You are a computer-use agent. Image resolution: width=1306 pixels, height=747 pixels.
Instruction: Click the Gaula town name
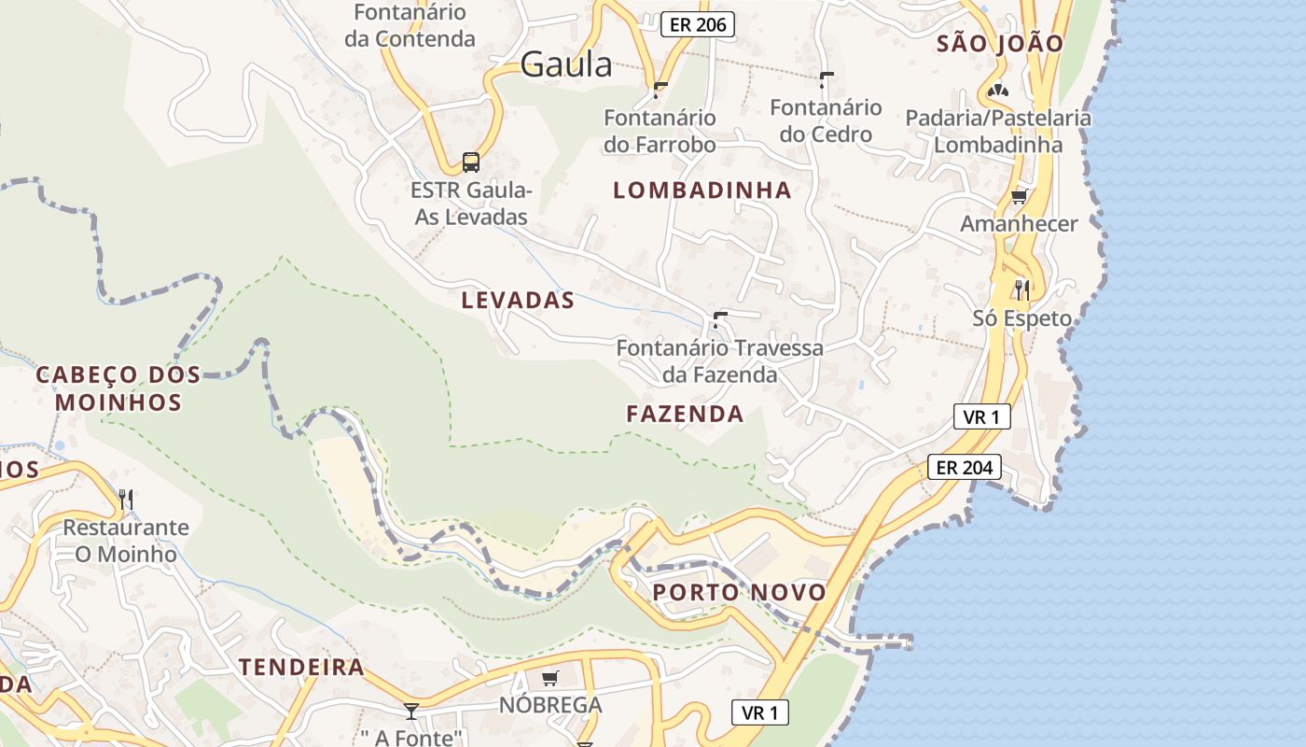[566, 64]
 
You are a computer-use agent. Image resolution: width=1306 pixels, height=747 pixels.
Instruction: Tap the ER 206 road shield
[698, 24]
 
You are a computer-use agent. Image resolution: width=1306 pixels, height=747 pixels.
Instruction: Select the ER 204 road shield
[965, 467]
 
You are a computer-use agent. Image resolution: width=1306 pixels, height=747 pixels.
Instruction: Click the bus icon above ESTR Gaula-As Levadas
[471, 162]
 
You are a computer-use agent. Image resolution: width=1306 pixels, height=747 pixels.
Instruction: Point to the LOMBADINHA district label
[702, 190]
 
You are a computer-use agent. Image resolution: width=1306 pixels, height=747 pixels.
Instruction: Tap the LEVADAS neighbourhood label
[518, 301]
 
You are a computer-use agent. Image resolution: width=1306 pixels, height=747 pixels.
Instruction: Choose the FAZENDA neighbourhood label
[685, 414]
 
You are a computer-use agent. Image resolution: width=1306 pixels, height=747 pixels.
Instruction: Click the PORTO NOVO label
[739, 592]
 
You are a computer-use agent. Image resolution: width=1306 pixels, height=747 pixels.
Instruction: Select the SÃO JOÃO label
[1000, 43]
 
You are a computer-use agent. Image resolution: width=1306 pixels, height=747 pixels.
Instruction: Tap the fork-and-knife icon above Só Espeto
[1022, 289]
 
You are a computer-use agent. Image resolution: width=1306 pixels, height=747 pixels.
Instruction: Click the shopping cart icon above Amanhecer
[1020, 196]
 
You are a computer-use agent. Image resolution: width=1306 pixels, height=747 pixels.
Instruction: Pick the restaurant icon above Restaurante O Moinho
[126, 499]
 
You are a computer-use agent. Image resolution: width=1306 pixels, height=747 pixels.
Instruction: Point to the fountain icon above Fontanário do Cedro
[827, 79]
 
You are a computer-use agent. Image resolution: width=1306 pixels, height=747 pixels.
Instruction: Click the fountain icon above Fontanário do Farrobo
[660, 90]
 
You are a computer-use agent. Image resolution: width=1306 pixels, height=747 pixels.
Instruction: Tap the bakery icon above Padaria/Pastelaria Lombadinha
[998, 91]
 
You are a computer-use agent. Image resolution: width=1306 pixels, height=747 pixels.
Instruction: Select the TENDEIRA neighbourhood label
[301, 667]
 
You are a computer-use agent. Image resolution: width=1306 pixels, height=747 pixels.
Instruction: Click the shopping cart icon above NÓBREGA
[550, 678]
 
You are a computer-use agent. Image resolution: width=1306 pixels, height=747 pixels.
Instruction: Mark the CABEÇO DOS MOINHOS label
[118, 388]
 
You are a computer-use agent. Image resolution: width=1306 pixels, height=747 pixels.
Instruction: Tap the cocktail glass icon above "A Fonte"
[410, 711]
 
